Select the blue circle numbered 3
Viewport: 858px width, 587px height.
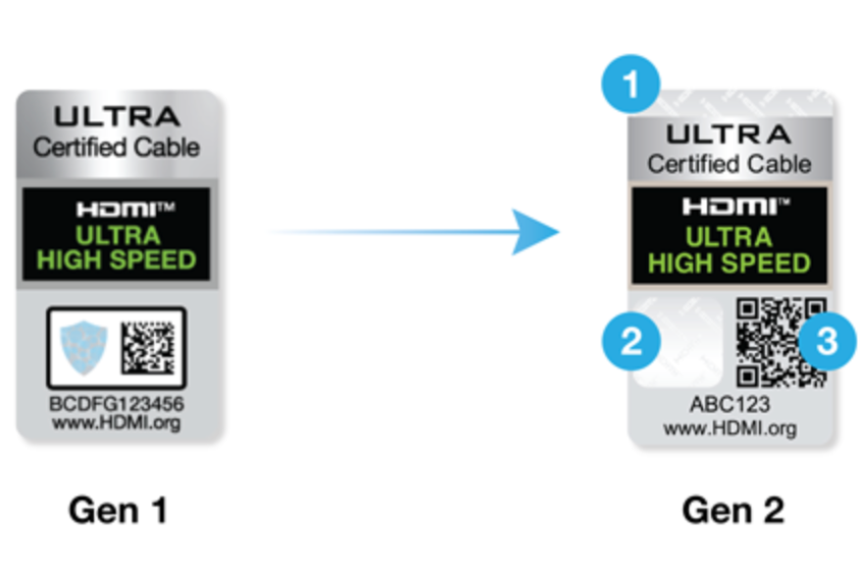(827, 342)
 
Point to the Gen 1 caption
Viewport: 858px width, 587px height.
(118, 510)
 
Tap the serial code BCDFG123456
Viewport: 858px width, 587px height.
(116, 404)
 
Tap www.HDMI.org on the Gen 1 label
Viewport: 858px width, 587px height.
(116, 423)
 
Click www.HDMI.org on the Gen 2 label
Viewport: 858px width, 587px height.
(730, 428)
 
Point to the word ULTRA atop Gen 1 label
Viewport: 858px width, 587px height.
(117, 118)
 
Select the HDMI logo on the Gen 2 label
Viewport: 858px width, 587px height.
(730, 207)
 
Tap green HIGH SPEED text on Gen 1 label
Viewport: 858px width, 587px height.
(117, 261)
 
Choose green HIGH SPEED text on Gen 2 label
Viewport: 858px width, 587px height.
(730, 263)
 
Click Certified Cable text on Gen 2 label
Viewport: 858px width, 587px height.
(730, 163)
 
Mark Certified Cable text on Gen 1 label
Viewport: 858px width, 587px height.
(117, 147)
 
